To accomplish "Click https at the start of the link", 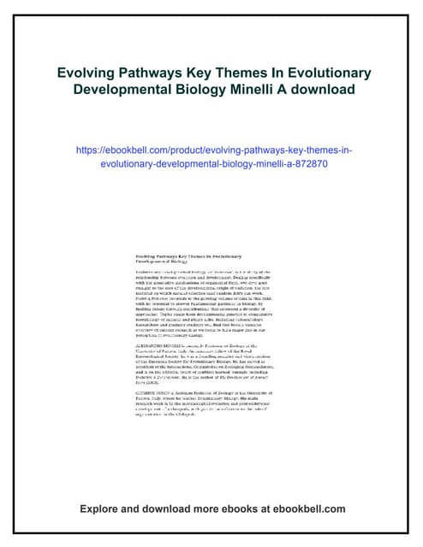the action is pyautogui.click(x=92, y=150).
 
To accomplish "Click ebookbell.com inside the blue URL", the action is pyautogui.click(x=153, y=150).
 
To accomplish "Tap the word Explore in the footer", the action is pyautogui.click(x=101, y=509).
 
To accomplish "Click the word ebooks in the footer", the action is pyautogui.click(x=235, y=509).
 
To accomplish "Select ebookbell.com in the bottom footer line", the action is pyautogui.click(x=310, y=509).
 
